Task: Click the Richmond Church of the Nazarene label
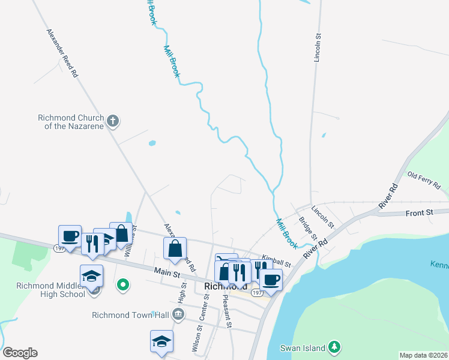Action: click(71, 122)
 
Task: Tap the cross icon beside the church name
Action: click(112, 122)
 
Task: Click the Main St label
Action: click(167, 274)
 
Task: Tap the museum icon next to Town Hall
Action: click(178, 314)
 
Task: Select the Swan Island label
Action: click(303, 347)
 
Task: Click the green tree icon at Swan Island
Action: click(334, 347)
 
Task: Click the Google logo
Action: click(20, 353)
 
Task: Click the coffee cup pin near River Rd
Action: click(271, 279)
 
